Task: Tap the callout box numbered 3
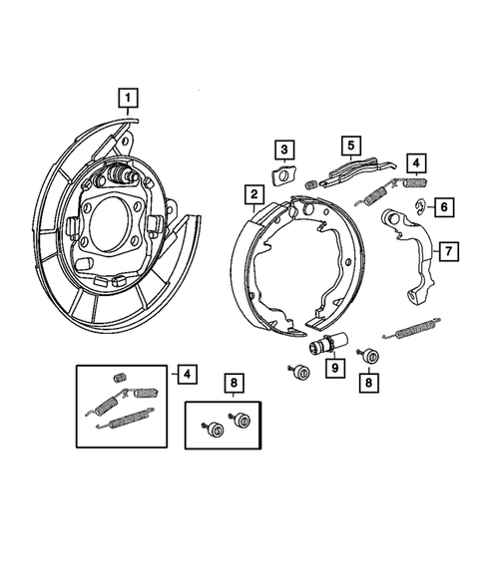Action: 284,151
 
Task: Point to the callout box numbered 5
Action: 349,146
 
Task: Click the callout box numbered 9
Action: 332,367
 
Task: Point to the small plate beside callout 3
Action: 284,178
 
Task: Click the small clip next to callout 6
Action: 421,207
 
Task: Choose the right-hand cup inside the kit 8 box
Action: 241,420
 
